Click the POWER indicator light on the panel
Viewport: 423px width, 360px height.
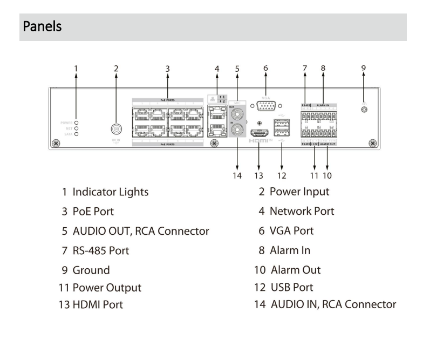[x=76, y=123]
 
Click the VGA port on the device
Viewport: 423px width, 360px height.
[x=265, y=105]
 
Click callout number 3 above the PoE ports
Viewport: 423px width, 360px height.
[x=168, y=69]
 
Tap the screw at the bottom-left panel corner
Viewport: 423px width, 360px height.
[x=56, y=144]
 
